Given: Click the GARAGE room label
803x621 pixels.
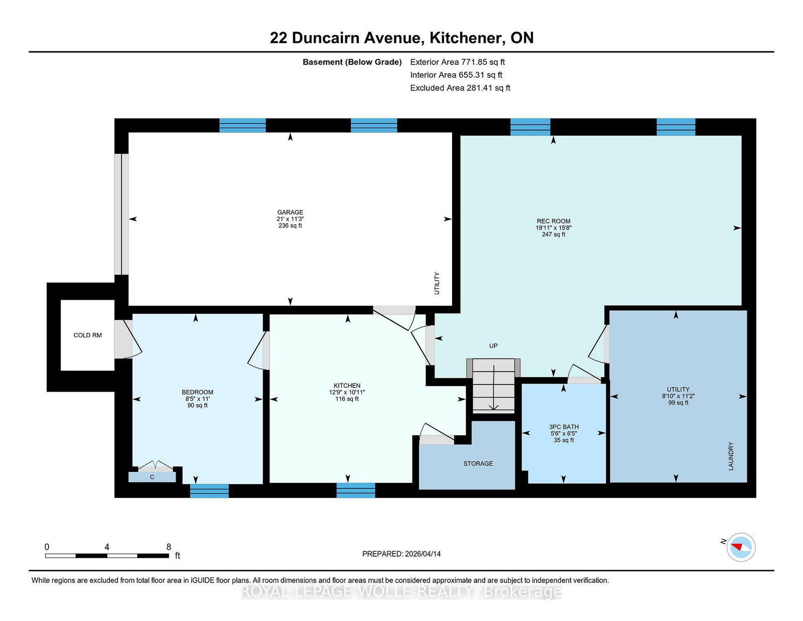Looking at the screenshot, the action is pos(290,212).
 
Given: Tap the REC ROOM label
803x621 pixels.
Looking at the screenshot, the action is pos(553,221).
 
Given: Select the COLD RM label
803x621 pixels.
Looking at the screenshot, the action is pos(88,335).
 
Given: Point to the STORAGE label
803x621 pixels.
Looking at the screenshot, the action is pos(478,463).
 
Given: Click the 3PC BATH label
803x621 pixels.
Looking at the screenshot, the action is pos(564,427).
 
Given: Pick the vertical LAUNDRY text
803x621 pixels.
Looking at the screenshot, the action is pos(731,456).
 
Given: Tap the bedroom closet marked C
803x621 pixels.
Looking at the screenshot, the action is pos(152,477).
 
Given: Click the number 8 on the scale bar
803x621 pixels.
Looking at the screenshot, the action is pos(169,547).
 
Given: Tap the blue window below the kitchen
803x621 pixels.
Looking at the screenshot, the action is pos(355,490).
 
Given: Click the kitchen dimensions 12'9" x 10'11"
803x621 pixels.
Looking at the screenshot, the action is pos(347,392).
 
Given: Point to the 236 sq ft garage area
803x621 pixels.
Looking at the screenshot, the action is pos(290,225).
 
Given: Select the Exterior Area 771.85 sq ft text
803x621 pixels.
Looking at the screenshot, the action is pos(458,62).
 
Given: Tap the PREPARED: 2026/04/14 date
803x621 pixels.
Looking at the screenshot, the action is pos(401,554).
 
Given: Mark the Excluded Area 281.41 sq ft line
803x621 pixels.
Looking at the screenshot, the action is pos(460,88).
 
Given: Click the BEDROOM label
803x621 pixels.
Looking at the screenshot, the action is pos(197,392).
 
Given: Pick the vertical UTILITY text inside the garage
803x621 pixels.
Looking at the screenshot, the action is pos(437,283).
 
